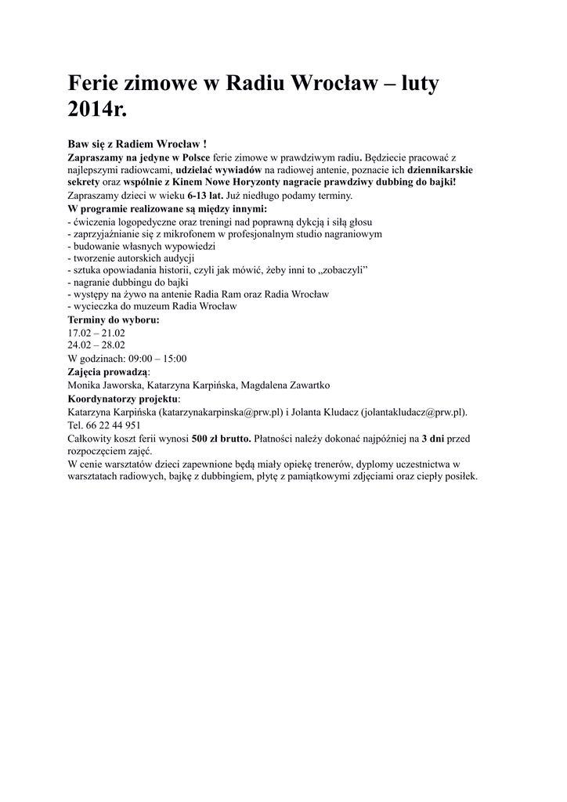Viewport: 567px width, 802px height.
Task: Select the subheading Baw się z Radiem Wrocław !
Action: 137,144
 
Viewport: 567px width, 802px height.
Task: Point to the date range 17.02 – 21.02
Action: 96,332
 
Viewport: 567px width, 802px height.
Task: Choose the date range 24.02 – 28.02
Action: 96,345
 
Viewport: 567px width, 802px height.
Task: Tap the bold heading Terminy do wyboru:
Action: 114,320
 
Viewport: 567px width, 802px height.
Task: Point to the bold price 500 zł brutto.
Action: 221,438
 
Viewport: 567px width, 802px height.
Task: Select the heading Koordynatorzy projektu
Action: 122,398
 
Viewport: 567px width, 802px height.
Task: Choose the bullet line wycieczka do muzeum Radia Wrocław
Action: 152,306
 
